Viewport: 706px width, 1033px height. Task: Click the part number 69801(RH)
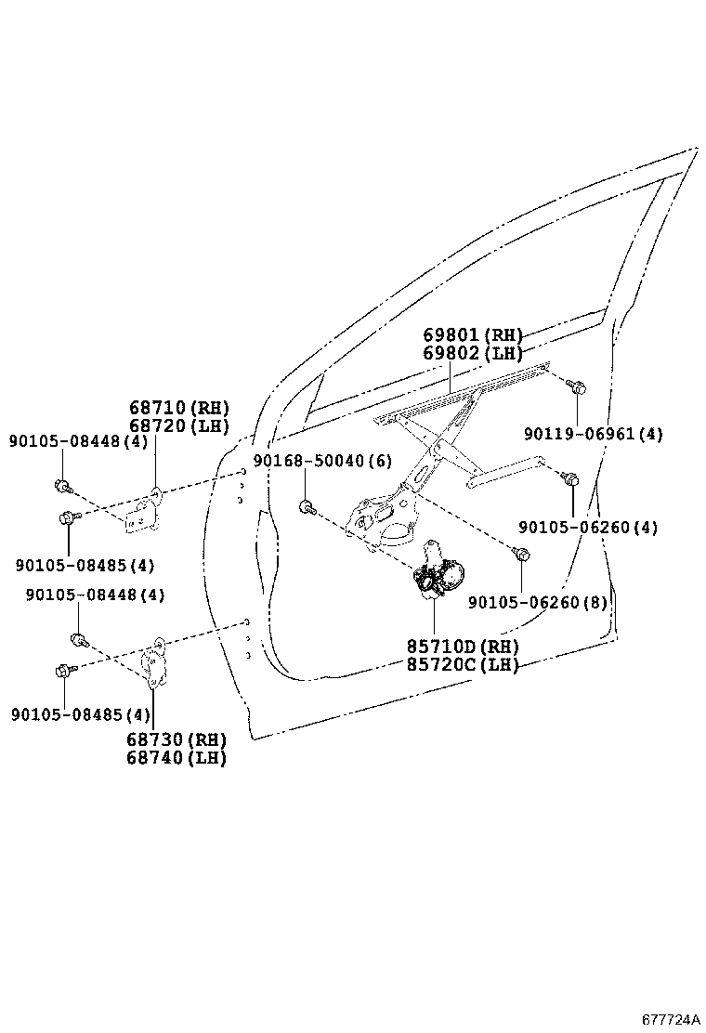(473, 335)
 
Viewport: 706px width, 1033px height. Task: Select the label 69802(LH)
(473, 353)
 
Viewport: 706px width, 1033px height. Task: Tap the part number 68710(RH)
(178, 408)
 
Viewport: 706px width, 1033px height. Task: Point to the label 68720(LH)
(178, 425)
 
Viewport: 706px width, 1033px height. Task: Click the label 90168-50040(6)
(322, 462)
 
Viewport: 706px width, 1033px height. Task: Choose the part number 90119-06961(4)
(593, 434)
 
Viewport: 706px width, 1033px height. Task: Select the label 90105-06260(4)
(588, 527)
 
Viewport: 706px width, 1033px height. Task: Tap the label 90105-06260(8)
(537, 602)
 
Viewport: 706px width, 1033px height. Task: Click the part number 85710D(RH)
(462, 647)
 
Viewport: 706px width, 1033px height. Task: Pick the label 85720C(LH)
(462, 664)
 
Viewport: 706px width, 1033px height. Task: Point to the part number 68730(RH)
(177, 739)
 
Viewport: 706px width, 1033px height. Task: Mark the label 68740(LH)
(177, 757)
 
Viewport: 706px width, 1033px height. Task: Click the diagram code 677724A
(670, 1019)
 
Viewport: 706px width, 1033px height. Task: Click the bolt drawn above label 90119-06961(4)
(576, 386)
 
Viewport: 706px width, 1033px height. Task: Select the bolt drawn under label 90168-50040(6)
(307, 507)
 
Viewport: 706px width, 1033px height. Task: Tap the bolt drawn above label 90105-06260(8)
(522, 555)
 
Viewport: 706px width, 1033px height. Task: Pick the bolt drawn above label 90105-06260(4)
(571, 479)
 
